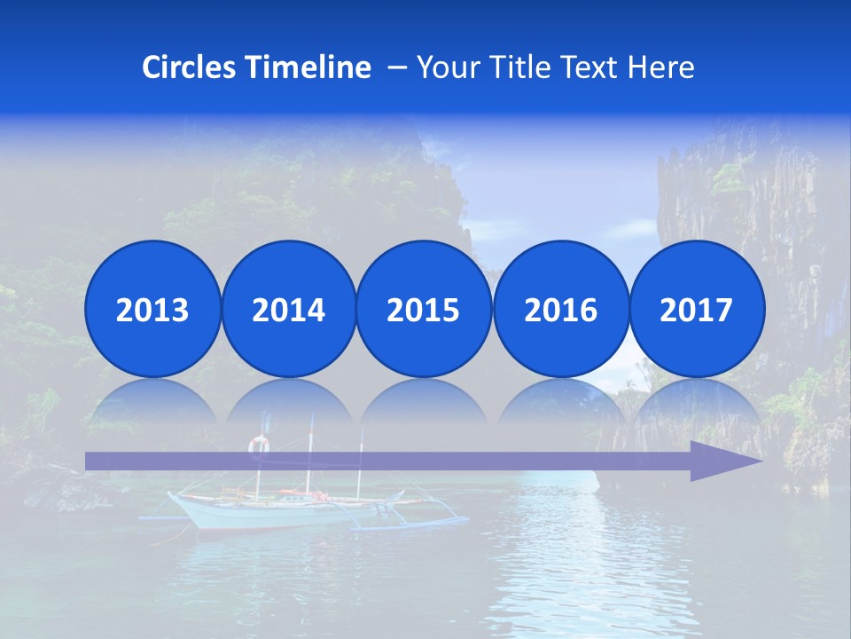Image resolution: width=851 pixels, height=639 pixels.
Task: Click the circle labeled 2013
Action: pyautogui.click(x=152, y=309)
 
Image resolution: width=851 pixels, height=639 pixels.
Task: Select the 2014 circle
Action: pyautogui.click(x=288, y=309)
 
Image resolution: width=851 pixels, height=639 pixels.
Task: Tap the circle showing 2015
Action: pyautogui.click(x=424, y=309)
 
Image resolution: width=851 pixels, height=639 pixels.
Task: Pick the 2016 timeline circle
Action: pyautogui.click(x=560, y=309)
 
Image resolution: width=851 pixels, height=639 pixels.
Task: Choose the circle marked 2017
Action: pyautogui.click(x=696, y=309)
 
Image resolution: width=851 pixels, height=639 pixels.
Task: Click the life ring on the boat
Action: pyautogui.click(x=258, y=444)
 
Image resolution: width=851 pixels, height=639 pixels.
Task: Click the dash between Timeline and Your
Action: pyautogui.click(x=396, y=67)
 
